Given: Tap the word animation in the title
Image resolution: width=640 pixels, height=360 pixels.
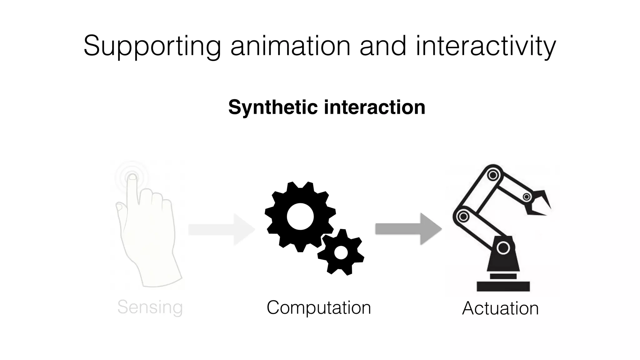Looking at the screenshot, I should (290, 46).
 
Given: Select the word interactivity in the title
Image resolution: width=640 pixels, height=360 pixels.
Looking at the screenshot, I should (486, 46).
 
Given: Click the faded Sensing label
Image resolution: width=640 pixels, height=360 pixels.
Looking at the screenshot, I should (150, 307).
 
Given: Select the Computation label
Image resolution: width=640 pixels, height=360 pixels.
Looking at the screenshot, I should (319, 307).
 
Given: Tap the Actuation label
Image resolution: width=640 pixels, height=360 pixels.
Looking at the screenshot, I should (500, 308).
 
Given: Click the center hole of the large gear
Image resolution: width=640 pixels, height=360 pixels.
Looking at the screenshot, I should (300, 217).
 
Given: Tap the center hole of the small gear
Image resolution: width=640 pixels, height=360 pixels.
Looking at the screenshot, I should (341, 252).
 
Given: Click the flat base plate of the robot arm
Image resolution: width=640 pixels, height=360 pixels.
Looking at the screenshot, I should (503, 286).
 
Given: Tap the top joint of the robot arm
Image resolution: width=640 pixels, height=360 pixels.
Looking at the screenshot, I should (493, 175).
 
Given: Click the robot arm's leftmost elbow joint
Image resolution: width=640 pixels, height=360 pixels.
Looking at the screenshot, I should (463, 216).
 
